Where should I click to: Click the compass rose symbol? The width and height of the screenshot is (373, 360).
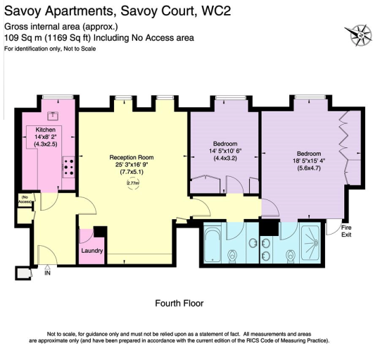pos(358,35)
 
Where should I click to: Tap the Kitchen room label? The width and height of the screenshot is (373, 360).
pos(46,130)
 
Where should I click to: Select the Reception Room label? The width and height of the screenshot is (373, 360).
pos(132,157)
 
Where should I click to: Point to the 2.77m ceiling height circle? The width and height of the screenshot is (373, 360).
pos(133,183)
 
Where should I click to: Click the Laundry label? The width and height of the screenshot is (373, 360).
pos(92,251)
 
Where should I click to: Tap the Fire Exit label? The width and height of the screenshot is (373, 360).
pos(346,231)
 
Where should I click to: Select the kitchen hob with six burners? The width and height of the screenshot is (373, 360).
pos(69,167)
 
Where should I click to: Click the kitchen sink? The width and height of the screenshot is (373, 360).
pos(53,116)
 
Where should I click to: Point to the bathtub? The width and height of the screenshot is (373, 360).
pos(213,245)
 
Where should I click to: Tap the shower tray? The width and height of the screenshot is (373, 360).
pos(310,242)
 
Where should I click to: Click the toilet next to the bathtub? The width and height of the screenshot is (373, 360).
pos(232,256)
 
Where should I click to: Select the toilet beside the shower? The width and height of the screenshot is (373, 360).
pos(290,256)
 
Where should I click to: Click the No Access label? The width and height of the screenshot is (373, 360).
pos(25,199)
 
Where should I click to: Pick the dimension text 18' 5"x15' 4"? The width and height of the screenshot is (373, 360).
pos(309,161)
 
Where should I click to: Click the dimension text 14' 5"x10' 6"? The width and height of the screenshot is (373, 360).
pos(225,151)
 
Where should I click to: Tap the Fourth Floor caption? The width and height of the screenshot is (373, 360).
pos(179,304)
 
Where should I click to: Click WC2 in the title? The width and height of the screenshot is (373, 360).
pos(216,11)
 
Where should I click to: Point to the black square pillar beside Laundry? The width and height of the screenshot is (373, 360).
pos(100,232)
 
